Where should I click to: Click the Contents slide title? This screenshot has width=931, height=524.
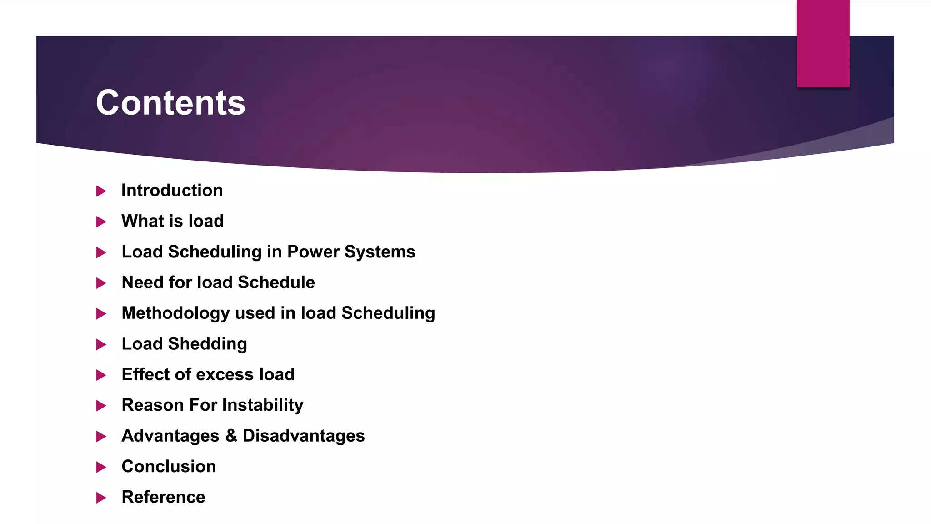(170, 103)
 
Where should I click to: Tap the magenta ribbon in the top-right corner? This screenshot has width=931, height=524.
(823, 44)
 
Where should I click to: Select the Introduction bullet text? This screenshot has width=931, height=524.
(172, 191)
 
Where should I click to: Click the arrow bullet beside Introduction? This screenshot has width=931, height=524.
(101, 191)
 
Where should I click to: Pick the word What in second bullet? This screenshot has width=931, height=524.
(142, 221)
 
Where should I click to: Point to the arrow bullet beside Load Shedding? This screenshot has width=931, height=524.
(101, 345)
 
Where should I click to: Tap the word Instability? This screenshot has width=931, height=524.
(262, 405)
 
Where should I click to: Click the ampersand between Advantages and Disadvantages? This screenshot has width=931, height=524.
(231, 436)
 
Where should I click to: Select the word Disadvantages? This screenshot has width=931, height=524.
(304, 436)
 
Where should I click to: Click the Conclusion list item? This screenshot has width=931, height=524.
(169, 467)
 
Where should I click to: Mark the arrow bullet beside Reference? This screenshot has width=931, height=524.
(101, 498)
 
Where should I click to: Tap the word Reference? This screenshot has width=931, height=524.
(163, 497)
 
